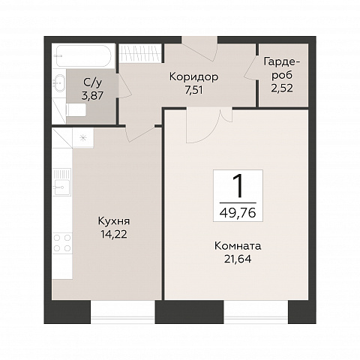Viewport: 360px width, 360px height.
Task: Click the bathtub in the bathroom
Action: click(x=83, y=55)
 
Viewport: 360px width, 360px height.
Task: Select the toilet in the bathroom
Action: click(x=76, y=109)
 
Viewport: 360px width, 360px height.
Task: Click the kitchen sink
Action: click(x=62, y=182)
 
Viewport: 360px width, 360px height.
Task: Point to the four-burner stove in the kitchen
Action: click(x=62, y=243)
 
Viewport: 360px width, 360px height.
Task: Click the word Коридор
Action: click(x=193, y=77)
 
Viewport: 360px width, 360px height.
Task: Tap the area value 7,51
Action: click(x=193, y=91)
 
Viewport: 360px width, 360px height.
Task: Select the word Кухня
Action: click(x=114, y=221)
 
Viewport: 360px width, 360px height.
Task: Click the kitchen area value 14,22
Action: click(x=114, y=235)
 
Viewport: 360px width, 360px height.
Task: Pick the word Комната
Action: click(x=238, y=246)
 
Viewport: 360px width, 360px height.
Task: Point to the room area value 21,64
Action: click(x=238, y=259)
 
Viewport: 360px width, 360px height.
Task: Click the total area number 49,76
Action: click(x=238, y=213)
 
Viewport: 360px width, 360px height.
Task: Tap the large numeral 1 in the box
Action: click(x=238, y=186)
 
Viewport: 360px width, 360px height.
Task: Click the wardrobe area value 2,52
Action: click(x=282, y=88)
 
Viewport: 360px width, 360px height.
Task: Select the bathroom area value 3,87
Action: click(x=92, y=96)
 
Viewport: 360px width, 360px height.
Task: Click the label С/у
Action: click(x=92, y=82)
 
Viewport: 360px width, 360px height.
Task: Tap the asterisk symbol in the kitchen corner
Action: click(x=83, y=138)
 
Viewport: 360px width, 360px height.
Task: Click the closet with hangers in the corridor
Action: click(x=139, y=53)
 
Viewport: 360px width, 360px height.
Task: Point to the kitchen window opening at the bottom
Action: click(x=123, y=311)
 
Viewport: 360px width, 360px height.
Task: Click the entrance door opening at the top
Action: click(x=199, y=40)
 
